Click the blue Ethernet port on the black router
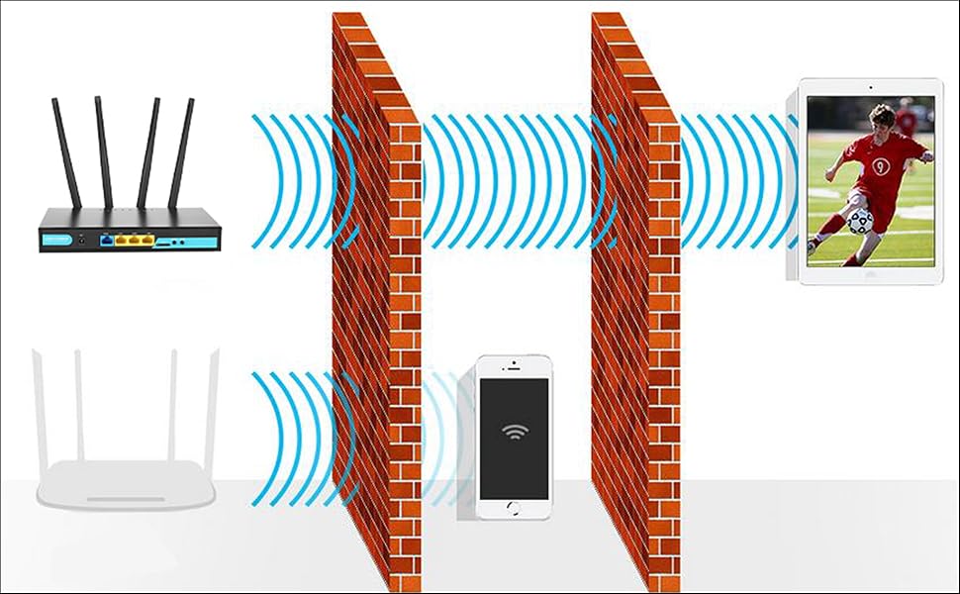(105, 239)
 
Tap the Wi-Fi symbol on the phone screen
(514, 433)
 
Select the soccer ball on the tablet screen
(860, 220)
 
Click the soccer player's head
(881, 116)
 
